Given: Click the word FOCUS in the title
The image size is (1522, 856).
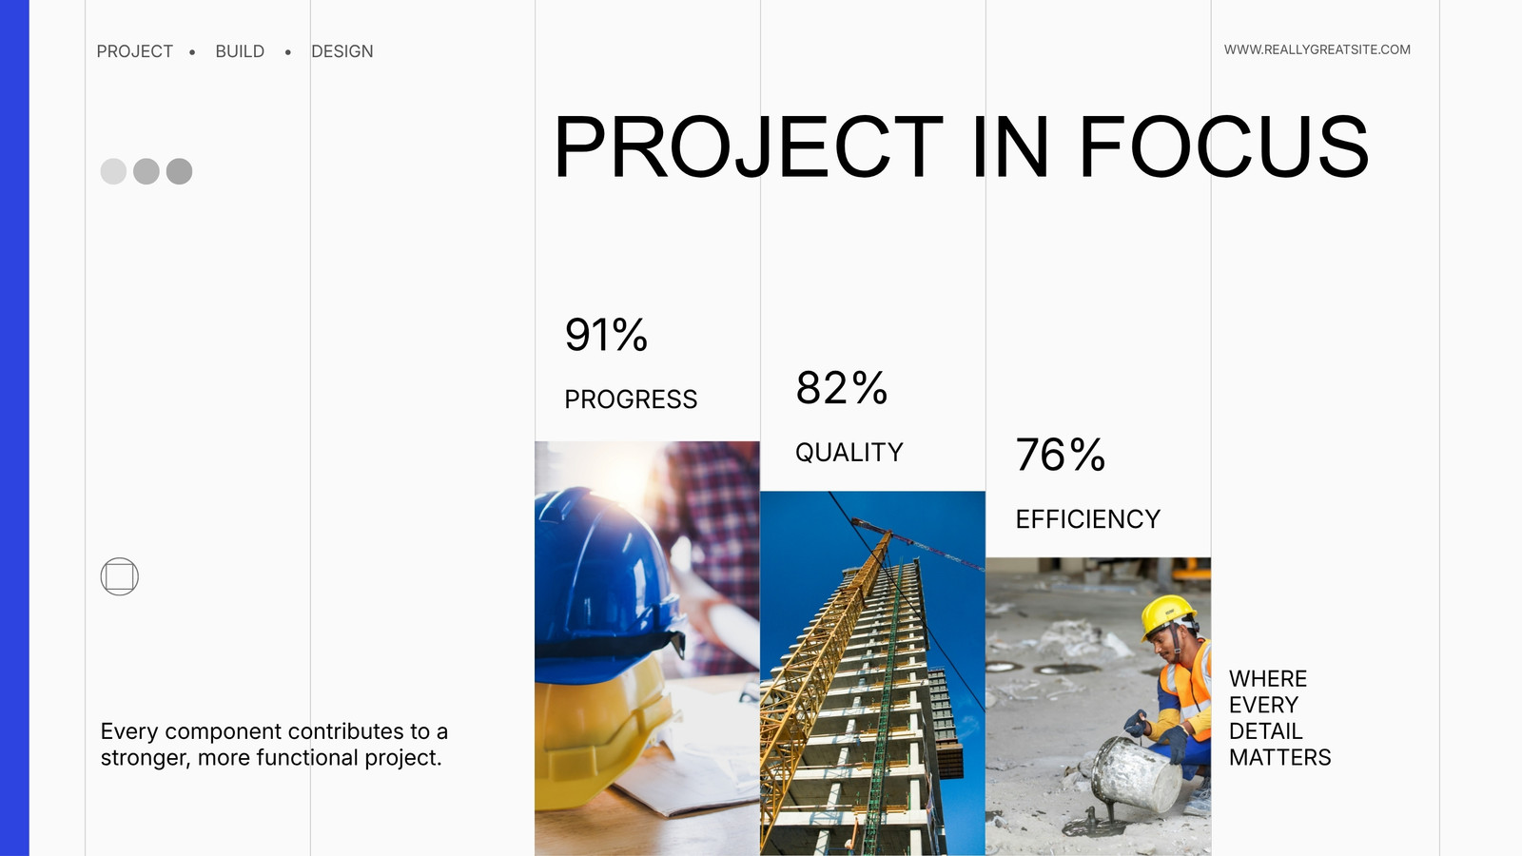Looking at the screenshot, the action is point(1223,146).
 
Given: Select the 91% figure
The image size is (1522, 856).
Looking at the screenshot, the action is point(606,334).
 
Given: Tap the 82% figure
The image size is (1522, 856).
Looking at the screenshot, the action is point(841,388).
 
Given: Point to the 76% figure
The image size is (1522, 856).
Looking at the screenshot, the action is point(1060,455).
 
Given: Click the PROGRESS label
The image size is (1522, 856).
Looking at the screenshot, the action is point(631,399).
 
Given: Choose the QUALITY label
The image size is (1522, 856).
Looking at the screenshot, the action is point(849,453).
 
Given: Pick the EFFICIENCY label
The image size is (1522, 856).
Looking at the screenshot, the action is point(1088,519).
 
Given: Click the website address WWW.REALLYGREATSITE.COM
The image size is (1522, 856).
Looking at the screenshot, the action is point(1317,49).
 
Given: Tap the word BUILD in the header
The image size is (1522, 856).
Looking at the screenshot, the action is point(240,51).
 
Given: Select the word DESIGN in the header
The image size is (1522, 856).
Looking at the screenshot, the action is point(341,51).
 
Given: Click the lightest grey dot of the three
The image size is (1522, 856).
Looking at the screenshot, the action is point(113,171).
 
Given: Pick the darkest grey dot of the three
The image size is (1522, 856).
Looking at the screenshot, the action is point(180,171).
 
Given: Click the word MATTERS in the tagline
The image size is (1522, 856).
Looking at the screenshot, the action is point(1280,757).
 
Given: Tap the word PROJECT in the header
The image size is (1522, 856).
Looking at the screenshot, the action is point(134,51).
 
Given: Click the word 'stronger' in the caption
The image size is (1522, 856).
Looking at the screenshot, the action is point(144,758).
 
